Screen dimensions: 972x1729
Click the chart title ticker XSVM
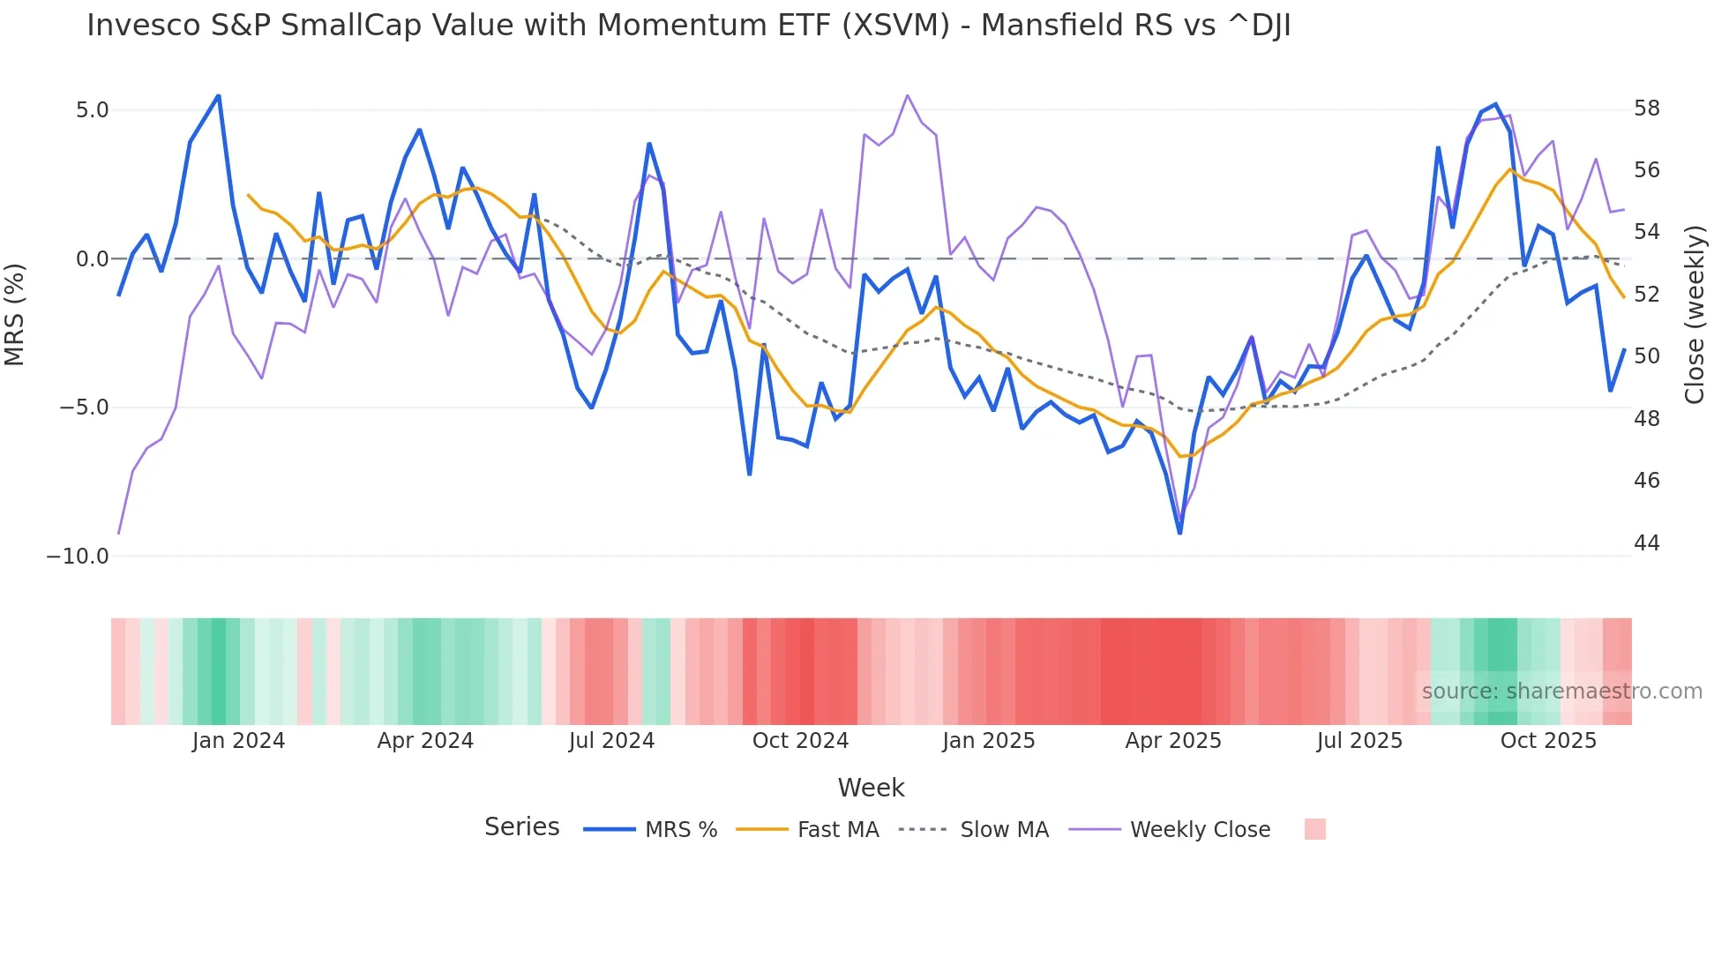(895, 26)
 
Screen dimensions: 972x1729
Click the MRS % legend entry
(680, 830)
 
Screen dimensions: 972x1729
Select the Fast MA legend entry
(837, 830)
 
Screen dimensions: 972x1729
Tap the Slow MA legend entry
(1004, 830)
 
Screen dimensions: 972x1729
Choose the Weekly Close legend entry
(1200, 830)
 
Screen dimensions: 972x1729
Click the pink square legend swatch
(1314, 829)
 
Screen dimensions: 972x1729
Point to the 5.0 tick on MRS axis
(92, 110)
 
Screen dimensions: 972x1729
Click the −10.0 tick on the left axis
(78, 557)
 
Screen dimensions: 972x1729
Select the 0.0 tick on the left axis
(92, 259)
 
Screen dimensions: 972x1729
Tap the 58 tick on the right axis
(1646, 108)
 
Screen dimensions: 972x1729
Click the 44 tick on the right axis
(1646, 543)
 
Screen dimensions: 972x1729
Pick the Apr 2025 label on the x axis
(1172, 741)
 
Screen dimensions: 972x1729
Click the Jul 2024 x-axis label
(611, 741)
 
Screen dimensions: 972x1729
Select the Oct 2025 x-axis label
(1548, 741)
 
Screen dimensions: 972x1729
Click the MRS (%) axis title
(15, 314)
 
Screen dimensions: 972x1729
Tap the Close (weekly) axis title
(1695, 315)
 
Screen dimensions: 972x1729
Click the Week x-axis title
(871, 788)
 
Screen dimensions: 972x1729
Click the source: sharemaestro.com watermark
(1561, 692)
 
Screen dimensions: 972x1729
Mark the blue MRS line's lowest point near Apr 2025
(1179, 533)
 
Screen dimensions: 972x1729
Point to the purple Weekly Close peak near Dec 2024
(907, 95)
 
